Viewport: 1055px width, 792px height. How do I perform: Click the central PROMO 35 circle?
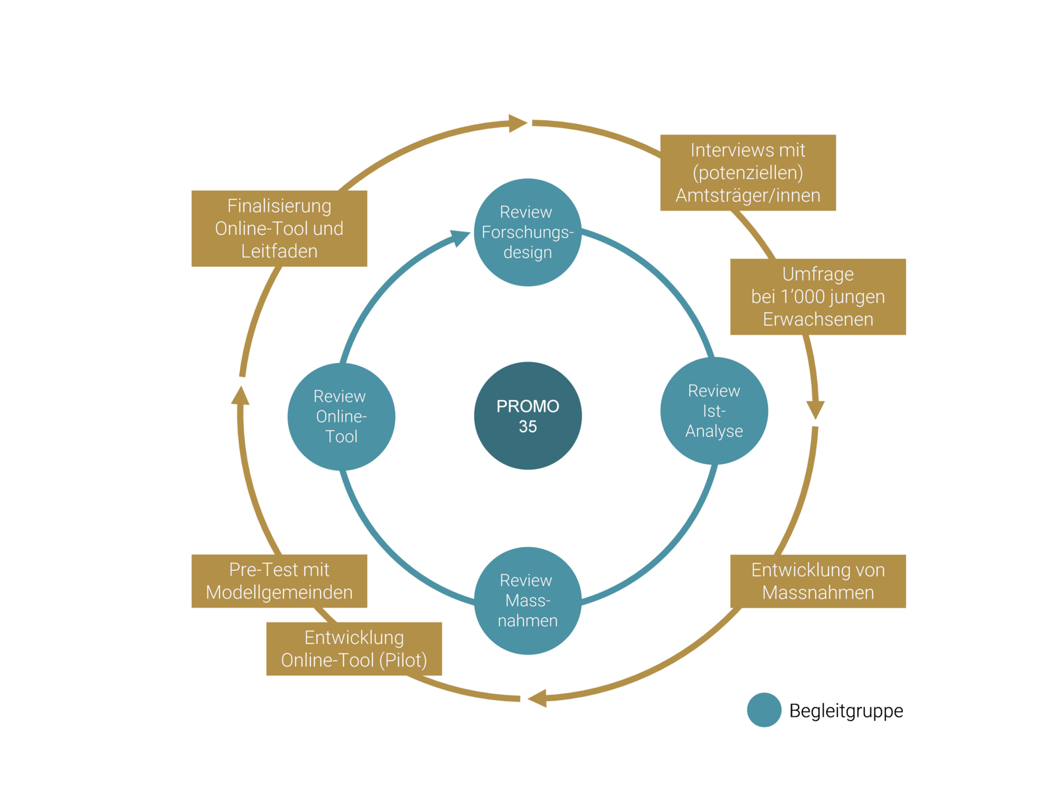527,415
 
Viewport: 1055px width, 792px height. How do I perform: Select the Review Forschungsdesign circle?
527,232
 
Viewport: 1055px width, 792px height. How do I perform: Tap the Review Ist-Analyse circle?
714,411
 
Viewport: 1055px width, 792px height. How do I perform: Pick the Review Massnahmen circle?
527,600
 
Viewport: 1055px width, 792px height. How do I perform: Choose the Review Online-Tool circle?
341,416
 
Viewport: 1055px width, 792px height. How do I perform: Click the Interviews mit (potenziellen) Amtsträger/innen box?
748,173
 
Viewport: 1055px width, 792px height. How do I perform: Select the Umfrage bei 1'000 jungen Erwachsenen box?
818,296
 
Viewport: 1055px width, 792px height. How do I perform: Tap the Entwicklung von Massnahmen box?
818,581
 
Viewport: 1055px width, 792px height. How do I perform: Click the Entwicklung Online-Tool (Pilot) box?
354,648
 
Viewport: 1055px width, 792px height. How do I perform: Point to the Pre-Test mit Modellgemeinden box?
279,581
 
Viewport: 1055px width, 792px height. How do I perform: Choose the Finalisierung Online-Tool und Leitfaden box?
279,228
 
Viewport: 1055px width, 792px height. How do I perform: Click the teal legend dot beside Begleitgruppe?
764,710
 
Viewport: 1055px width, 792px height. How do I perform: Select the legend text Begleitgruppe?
846,711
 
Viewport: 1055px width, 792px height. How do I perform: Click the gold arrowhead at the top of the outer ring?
518,123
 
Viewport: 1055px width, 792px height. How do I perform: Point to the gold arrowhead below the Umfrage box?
816,409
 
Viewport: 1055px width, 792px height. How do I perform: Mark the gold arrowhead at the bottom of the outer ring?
537,698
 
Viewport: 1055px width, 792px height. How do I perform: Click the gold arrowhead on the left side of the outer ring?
241,395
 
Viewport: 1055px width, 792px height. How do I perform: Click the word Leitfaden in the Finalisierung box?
279,251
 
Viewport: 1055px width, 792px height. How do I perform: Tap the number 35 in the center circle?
527,426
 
